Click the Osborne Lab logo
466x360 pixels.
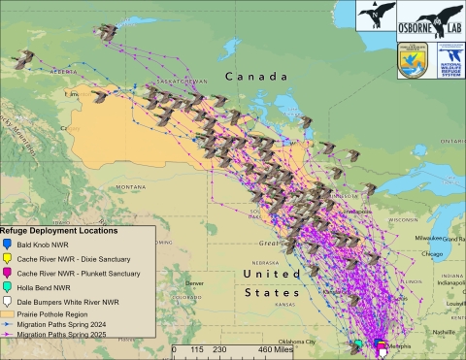click(432, 19)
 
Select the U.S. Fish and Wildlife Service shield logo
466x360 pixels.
click(411, 59)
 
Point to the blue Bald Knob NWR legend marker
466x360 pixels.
click(8, 245)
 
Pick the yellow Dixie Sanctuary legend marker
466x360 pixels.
click(8, 259)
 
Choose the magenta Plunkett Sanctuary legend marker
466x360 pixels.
click(8, 274)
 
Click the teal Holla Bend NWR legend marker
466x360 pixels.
click(8, 288)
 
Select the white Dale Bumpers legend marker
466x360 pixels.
click(8, 303)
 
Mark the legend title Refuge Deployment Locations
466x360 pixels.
click(60, 231)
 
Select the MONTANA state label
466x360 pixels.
click(129, 186)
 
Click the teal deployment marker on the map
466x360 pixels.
click(358, 344)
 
